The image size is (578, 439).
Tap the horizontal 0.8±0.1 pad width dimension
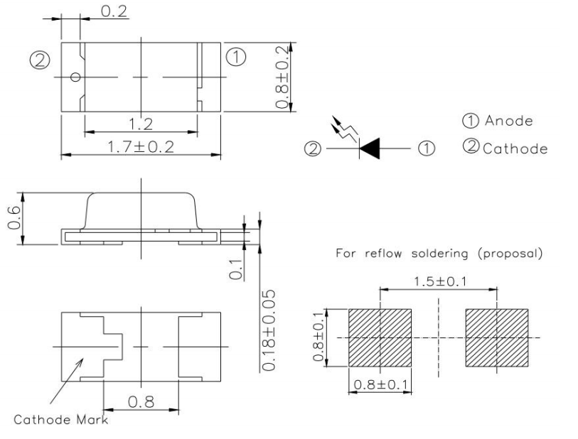(x=380, y=387)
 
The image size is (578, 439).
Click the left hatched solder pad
(x=380, y=337)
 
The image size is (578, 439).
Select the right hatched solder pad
(x=496, y=337)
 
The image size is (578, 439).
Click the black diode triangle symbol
(x=373, y=148)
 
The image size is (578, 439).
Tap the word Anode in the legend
(x=509, y=121)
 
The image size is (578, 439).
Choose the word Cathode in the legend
(x=515, y=148)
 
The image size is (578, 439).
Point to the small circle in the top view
(x=75, y=77)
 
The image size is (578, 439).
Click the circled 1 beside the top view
(x=237, y=55)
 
